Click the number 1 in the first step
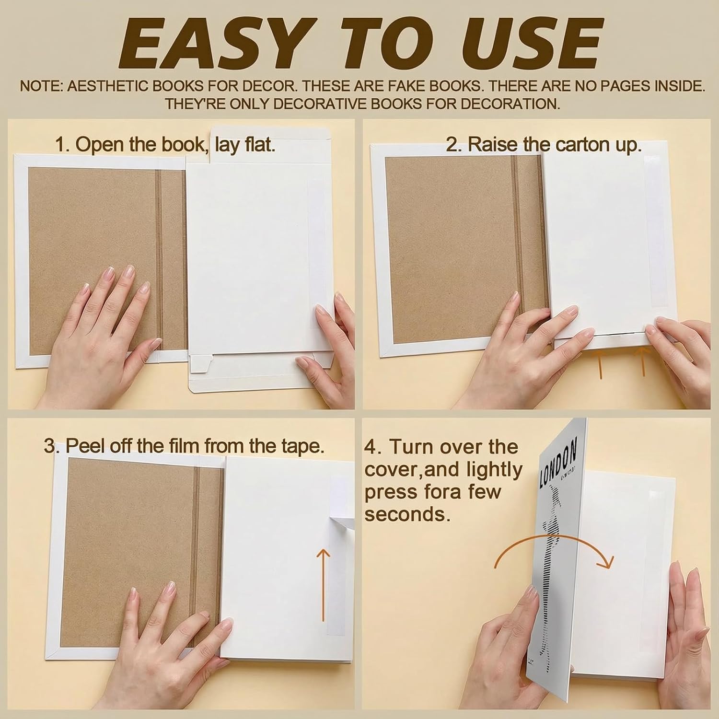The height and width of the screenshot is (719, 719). point(60,145)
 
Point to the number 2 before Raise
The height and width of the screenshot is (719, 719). point(451,145)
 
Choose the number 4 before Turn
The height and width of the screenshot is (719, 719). point(370,447)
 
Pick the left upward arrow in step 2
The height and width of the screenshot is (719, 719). point(599,363)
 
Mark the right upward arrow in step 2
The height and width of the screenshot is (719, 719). point(643,361)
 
